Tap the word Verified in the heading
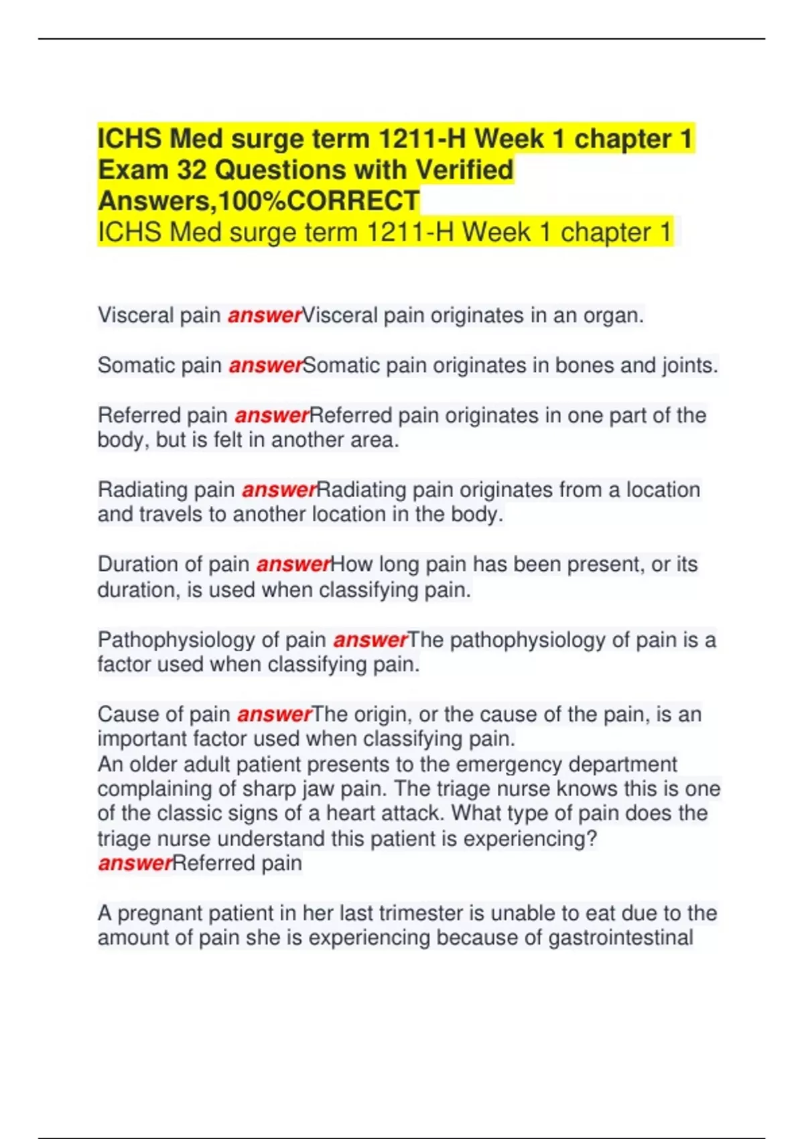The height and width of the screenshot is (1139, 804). [464, 170]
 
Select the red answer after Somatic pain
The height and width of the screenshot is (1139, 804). [265, 366]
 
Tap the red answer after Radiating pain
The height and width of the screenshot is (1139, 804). [278, 490]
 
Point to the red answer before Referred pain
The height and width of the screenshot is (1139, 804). [135, 863]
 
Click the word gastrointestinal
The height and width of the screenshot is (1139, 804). [620, 937]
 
